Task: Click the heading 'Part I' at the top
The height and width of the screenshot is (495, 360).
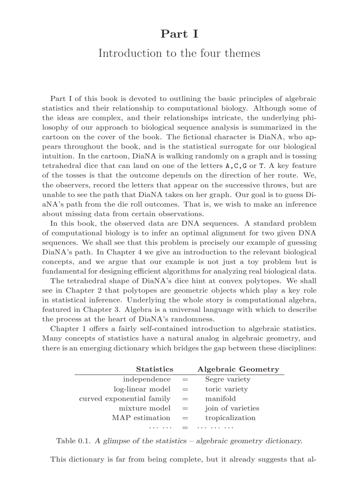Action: coord(179,33)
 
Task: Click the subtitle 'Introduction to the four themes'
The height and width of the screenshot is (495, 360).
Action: coord(179,53)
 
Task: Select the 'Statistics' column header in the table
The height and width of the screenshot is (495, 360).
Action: coord(154,369)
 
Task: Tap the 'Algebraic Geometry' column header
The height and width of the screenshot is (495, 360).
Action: coord(238,369)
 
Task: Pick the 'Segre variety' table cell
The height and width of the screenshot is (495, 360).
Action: coord(227,379)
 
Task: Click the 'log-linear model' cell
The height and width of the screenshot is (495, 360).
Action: coord(142,389)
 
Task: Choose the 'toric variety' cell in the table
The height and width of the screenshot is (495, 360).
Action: coord(226,389)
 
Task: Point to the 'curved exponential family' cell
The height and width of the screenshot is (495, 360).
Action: coord(124,398)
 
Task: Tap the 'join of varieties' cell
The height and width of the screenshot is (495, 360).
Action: coord(232,408)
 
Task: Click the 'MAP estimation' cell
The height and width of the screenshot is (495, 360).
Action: coord(141,418)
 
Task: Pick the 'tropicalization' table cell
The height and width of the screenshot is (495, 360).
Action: coord(230,418)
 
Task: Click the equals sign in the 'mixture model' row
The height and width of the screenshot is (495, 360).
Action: coord(185,408)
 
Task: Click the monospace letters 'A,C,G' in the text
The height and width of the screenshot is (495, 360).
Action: coord(236,166)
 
